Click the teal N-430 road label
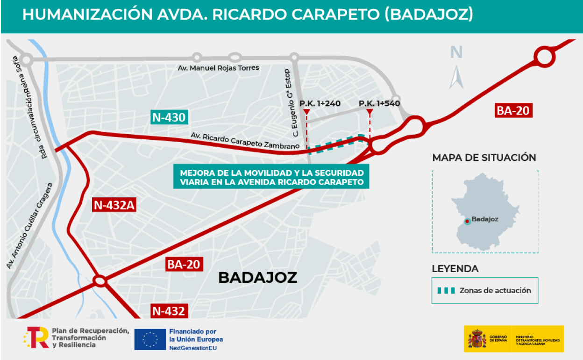pyautogui.click(x=169, y=117)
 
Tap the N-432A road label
pyautogui.click(x=114, y=205)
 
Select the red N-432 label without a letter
pyautogui.click(x=169, y=310)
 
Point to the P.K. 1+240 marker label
pyautogui.click(x=320, y=103)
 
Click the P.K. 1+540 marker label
pyautogui.click(x=379, y=103)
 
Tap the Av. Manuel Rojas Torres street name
pyautogui.click(x=218, y=68)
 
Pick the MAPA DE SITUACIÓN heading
pyautogui.click(x=484, y=158)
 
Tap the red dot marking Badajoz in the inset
pyautogui.click(x=467, y=221)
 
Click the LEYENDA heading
pyautogui.click(x=455, y=269)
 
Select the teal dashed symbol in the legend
pyautogui.click(x=446, y=290)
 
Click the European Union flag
pyautogui.click(x=150, y=339)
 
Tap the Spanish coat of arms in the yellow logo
pyautogui.click(x=477, y=338)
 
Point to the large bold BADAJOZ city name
pyautogui.click(x=257, y=277)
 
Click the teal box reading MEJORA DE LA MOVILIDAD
pyautogui.click(x=271, y=176)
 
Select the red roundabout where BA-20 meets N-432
pyautogui.click(x=100, y=281)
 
